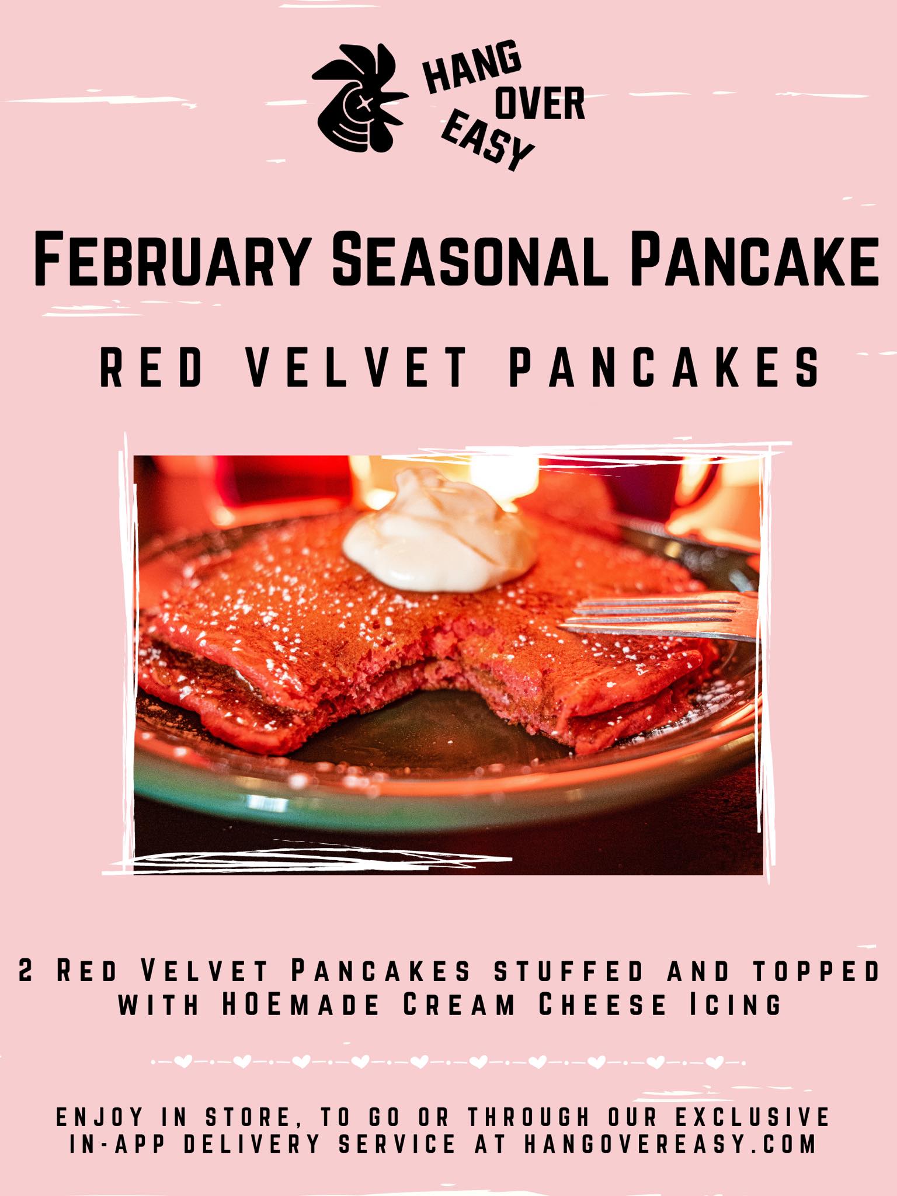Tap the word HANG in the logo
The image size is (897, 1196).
click(x=472, y=69)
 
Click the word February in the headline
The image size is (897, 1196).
click(x=171, y=258)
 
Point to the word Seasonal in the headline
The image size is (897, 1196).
click(x=467, y=258)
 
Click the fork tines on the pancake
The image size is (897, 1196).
click(x=657, y=616)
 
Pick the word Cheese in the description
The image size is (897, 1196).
click(x=602, y=1004)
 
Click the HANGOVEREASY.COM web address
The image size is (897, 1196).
click(x=670, y=1144)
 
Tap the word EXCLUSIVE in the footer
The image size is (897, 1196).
click(x=753, y=1117)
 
